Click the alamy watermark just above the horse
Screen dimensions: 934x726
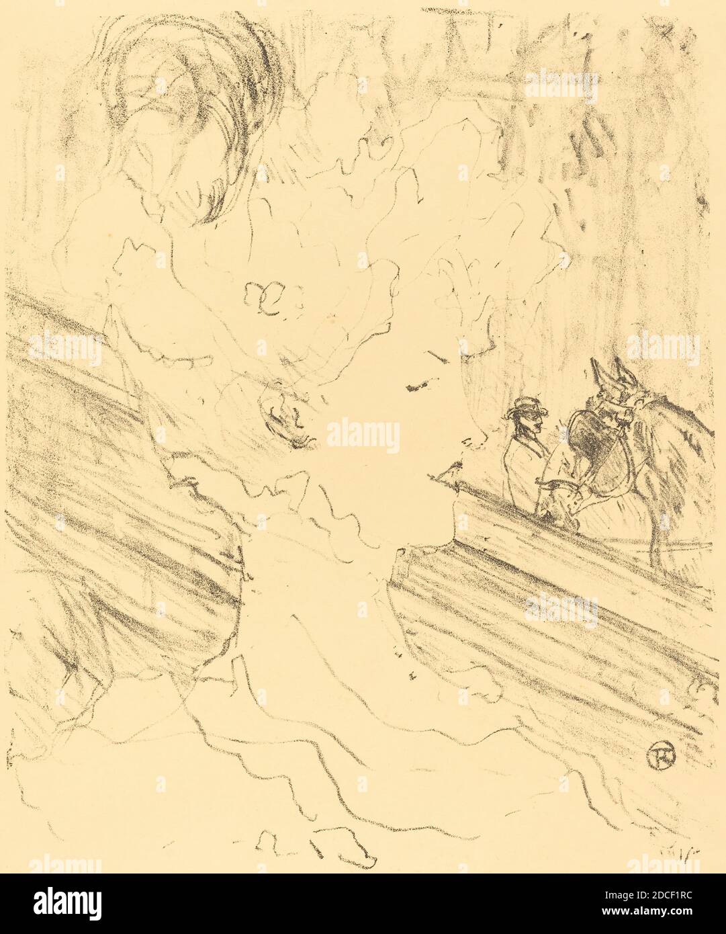pyautogui.click(x=662, y=348)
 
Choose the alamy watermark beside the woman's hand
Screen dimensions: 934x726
pyautogui.click(x=363, y=435)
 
